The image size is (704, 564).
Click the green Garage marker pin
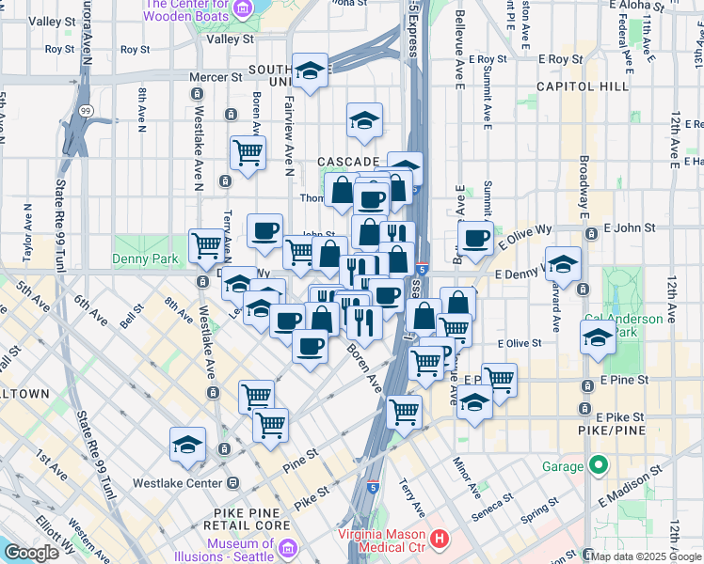[598, 465]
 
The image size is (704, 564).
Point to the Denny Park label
[138, 258]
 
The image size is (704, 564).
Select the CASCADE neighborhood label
[347, 162]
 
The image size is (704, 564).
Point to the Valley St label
[231, 39]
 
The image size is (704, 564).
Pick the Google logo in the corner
[31, 553]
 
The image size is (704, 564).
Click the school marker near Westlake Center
[188, 445]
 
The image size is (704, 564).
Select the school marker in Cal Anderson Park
[598, 340]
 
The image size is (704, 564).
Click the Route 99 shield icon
[86, 111]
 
